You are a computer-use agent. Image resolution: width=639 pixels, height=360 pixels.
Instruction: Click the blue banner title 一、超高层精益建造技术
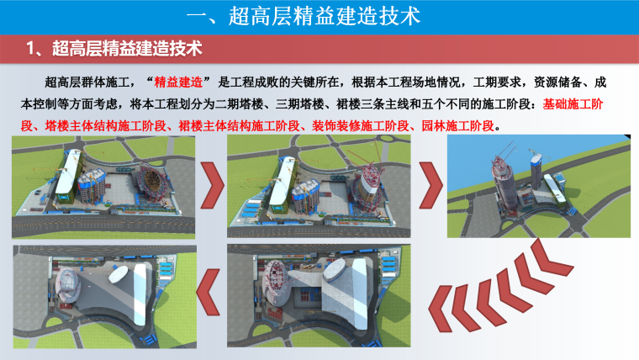click(x=304, y=16)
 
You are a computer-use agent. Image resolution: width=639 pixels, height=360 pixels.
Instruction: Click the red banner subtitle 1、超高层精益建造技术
click(x=114, y=49)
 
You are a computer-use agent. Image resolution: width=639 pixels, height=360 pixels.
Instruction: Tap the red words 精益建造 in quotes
click(x=178, y=82)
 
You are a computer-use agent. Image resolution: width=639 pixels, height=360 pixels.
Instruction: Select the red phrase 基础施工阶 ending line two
click(x=573, y=104)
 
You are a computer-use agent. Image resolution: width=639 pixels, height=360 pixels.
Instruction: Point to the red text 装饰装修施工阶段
click(x=361, y=126)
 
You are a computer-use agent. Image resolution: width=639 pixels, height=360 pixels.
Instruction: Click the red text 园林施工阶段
click(x=457, y=126)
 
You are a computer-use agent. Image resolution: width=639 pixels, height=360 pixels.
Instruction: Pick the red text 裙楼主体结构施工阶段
click(x=240, y=126)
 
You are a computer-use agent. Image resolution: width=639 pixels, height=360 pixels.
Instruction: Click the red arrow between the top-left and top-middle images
click(x=213, y=185)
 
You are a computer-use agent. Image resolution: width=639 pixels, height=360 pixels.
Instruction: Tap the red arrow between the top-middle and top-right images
click(x=430, y=185)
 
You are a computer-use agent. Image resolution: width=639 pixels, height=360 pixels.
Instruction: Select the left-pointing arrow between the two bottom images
click(x=209, y=292)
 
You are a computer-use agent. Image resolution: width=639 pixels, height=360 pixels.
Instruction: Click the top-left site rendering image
click(x=103, y=187)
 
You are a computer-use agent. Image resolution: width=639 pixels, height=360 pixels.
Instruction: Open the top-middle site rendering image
click(x=319, y=187)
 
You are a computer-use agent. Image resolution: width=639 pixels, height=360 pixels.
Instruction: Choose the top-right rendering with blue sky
click(x=539, y=187)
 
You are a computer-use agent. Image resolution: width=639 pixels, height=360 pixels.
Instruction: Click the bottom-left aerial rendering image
click(x=105, y=297)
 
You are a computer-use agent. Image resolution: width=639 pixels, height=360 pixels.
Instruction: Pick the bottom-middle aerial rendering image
click(x=319, y=296)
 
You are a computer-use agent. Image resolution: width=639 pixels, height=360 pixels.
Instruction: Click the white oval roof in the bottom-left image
click(x=119, y=273)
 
